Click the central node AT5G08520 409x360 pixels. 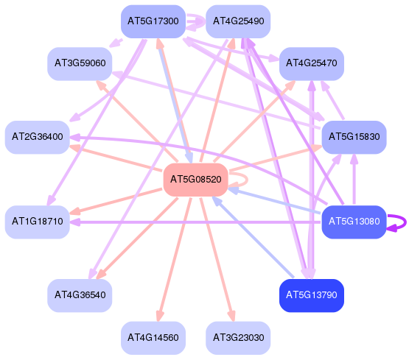[x=195, y=180]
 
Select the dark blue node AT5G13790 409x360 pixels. [x=312, y=295]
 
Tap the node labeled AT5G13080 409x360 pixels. [x=354, y=222]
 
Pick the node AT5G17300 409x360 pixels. [x=153, y=21]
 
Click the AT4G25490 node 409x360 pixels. [x=238, y=21]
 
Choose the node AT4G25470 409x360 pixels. [x=312, y=63]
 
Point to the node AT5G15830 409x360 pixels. [x=354, y=137]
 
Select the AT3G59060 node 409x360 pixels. [x=80, y=63]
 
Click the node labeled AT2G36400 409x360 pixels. [x=38, y=137]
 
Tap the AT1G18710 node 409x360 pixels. [x=38, y=222]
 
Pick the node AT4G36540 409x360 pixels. [x=80, y=295]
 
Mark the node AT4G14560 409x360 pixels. [x=153, y=338]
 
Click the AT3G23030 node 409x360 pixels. [x=238, y=338]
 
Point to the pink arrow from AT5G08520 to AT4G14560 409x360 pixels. [x=175, y=259]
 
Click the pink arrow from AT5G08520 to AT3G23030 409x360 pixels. [x=217, y=259]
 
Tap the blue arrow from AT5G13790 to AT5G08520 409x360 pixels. [x=253, y=237]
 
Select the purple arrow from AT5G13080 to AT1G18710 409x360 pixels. [x=195, y=222]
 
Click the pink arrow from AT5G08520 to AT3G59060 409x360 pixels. [x=137, y=121]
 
